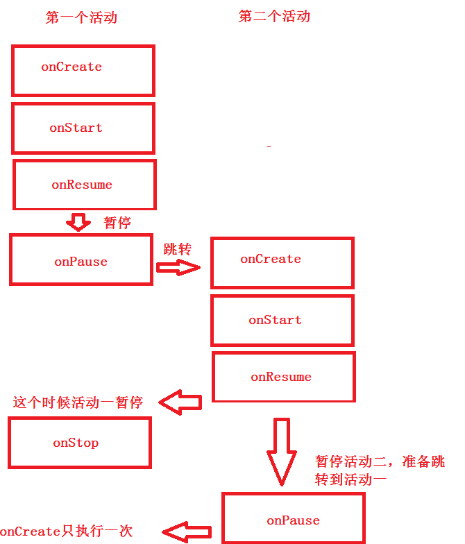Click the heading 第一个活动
click(81, 18)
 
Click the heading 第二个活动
click(274, 17)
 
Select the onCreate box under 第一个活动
click(83, 70)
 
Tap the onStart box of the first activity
click(83, 128)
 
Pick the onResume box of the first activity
click(85, 185)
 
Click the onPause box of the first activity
click(81, 260)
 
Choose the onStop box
click(79, 442)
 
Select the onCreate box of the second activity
click(282, 262)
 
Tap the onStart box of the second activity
click(282, 321)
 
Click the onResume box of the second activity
click(283, 377)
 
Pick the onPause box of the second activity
click(294, 519)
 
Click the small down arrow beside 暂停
click(78, 222)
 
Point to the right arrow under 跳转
click(178, 268)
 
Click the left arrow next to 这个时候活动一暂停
click(180, 402)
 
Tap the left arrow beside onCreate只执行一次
click(186, 532)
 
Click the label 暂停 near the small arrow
click(117, 223)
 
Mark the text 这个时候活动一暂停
click(78, 402)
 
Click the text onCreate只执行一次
click(66, 532)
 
